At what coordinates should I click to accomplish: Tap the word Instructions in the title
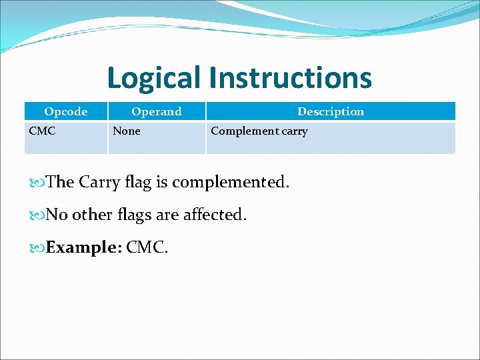290,78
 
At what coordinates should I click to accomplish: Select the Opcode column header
65,111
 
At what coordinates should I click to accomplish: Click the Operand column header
156,111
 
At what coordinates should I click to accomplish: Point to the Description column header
331,111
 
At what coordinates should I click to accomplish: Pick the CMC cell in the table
42,131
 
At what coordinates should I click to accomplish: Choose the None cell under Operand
127,131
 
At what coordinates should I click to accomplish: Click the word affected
215,215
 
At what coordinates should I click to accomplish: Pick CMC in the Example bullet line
147,248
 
